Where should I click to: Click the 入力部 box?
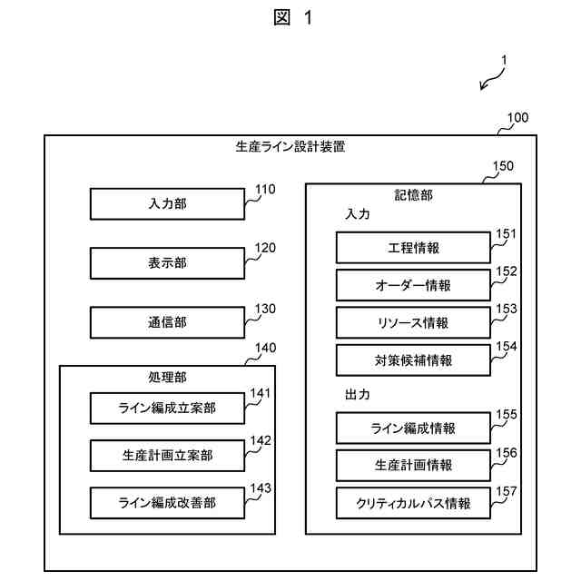pos(167,204)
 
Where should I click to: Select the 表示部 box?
pos(167,263)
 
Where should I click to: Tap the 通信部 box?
pos(167,322)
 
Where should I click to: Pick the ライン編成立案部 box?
pos(167,409)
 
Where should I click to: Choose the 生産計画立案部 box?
pos(167,455)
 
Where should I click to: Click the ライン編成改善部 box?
pos(167,502)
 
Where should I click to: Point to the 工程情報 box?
pos(413,248)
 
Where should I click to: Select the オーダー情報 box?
pos(413,285)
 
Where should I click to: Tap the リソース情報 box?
pos(413,322)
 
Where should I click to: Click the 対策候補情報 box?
pos(413,359)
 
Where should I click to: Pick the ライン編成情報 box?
pos(413,428)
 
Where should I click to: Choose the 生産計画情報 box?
pos(413,465)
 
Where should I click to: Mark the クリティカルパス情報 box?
pos(413,503)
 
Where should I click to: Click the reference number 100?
pos(517,118)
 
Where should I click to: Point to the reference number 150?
pos(502,166)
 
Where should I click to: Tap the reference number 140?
pos(266,348)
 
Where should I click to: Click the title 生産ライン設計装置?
pos(290,146)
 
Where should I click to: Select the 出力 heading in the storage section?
pos(358,396)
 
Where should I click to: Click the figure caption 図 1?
pos(291,18)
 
